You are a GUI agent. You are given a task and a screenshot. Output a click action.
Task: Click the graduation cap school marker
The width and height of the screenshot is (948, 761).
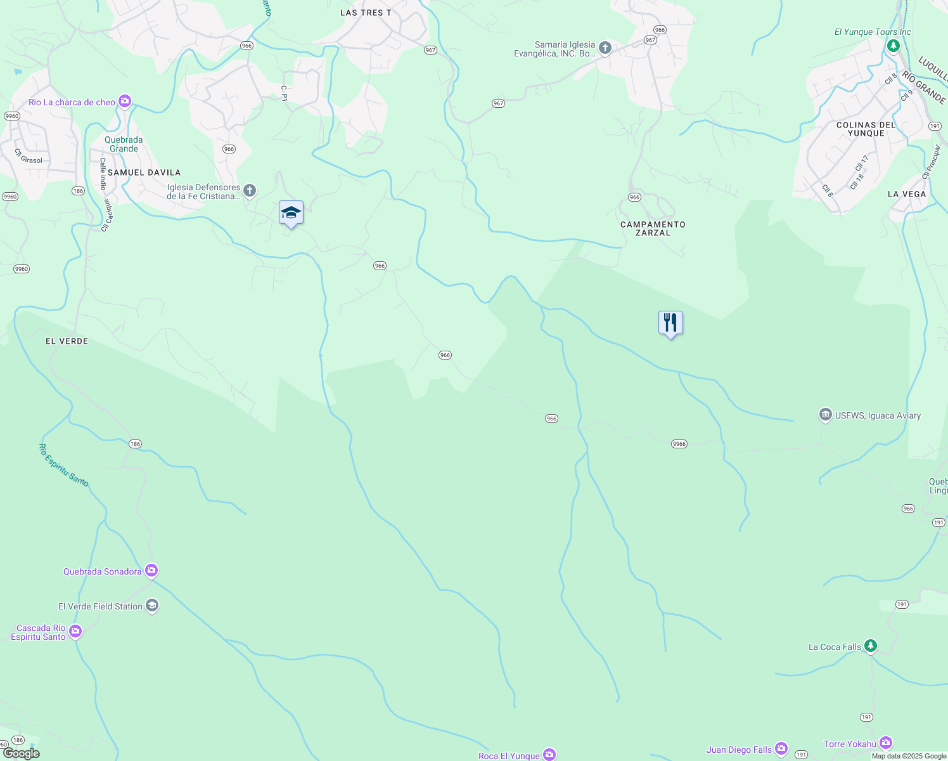pyautogui.click(x=291, y=213)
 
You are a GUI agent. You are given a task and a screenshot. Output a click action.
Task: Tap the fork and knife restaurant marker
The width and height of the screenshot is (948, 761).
pyautogui.click(x=670, y=323)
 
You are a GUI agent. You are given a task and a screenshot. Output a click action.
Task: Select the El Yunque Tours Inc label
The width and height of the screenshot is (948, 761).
pyautogui.click(x=872, y=32)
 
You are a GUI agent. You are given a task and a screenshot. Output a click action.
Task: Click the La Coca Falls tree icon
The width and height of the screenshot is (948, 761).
pyautogui.click(x=871, y=646)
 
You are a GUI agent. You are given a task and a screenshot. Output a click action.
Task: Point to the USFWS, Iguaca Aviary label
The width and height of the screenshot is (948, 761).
pyautogui.click(x=878, y=415)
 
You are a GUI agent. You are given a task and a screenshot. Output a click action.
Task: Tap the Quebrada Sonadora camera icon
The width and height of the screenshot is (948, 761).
pyautogui.click(x=151, y=571)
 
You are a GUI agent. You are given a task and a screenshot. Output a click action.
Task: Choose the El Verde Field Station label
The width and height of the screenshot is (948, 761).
pyautogui.click(x=100, y=606)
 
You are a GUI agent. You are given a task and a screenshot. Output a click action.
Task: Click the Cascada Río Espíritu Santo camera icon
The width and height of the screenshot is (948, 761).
pyautogui.click(x=75, y=631)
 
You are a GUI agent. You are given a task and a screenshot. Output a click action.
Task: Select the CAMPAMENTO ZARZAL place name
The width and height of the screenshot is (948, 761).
pyautogui.click(x=653, y=228)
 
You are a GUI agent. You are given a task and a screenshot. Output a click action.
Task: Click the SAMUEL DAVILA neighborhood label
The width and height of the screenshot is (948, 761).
pyautogui.click(x=144, y=172)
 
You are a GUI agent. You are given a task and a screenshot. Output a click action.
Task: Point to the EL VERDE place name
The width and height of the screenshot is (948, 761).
pyautogui.click(x=67, y=341)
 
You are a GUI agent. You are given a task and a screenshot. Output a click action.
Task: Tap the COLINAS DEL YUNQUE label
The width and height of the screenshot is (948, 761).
pyautogui.click(x=866, y=129)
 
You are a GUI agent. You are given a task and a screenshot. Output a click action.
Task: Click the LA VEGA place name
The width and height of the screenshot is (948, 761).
pyautogui.click(x=907, y=194)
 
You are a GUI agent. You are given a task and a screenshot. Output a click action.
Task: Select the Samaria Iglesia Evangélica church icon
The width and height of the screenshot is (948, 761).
pyautogui.click(x=605, y=48)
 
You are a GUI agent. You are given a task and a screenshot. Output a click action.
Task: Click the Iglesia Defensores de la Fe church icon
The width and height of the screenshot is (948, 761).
pyautogui.click(x=250, y=190)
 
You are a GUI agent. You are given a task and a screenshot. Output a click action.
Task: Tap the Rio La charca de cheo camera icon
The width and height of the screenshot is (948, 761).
pyautogui.click(x=125, y=101)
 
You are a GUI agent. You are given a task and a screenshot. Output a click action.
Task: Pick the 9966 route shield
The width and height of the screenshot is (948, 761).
pyautogui.click(x=679, y=444)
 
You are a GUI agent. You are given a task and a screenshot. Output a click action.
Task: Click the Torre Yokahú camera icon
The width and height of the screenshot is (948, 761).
pyautogui.click(x=886, y=743)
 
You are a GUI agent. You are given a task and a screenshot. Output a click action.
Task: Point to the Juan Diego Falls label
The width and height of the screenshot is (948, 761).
pyautogui.click(x=739, y=750)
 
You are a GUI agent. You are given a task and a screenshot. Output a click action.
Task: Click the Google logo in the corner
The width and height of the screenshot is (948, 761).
pyautogui.click(x=21, y=753)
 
